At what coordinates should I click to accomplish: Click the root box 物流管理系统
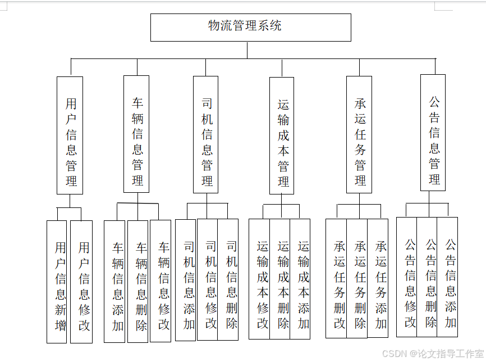pyautogui.click(x=250, y=27)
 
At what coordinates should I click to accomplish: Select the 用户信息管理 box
pyautogui.click(x=70, y=135)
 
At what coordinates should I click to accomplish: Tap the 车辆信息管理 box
pyautogui.click(x=136, y=134)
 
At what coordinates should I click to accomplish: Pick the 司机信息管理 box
pyautogui.click(x=206, y=134)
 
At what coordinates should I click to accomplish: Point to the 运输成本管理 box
pyautogui.click(x=282, y=135)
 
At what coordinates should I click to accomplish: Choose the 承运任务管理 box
pyautogui.click(x=359, y=134)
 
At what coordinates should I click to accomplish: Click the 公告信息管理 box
pyautogui.click(x=433, y=133)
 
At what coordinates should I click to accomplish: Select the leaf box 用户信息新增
pyautogui.click(x=57, y=281)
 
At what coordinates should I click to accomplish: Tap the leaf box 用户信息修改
pyautogui.click(x=81, y=281)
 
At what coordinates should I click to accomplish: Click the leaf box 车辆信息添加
pyautogui.click(x=115, y=281)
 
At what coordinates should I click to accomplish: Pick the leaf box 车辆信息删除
pyautogui.click(x=138, y=281)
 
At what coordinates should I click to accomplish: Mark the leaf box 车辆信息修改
pyautogui.click(x=161, y=281)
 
